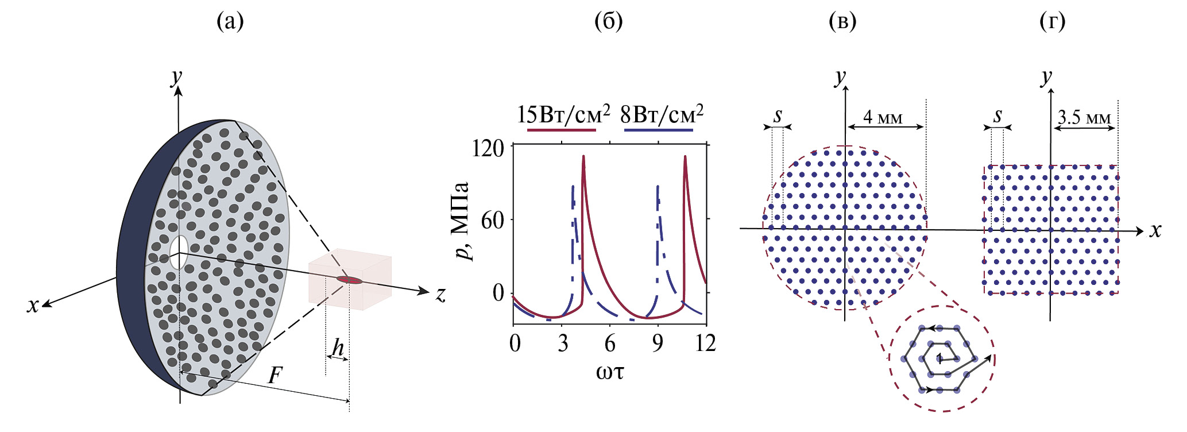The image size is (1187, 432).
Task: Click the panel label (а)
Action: click(x=230, y=22)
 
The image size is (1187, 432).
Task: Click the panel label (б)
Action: click(x=609, y=22)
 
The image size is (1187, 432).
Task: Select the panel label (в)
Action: click(x=842, y=22)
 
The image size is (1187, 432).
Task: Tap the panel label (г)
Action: click(x=1052, y=22)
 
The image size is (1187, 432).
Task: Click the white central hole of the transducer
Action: click(x=179, y=252)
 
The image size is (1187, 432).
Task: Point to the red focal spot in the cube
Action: click(x=350, y=280)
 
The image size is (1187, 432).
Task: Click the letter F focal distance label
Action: click(x=276, y=376)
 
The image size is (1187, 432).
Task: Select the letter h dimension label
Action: click(x=338, y=348)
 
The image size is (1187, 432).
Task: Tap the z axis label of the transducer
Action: click(x=440, y=295)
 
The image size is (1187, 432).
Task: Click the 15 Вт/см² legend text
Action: click(x=563, y=115)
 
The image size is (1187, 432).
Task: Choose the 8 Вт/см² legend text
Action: click(x=662, y=115)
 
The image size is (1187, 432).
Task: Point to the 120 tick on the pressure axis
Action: click(x=488, y=149)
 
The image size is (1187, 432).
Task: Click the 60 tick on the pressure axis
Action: click(x=492, y=220)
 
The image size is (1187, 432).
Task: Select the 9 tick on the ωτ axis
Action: click(x=658, y=344)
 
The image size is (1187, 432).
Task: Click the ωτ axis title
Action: click(x=610, y=372)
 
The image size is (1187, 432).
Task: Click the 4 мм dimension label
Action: click(x=883, y=118)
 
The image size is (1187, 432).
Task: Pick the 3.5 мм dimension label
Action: click(x=1084, y=118)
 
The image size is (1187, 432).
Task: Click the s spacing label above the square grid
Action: click(x=998, y=116)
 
